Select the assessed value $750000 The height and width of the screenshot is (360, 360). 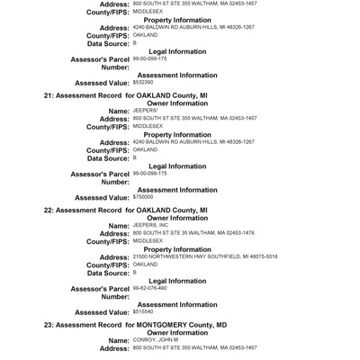point(142,195)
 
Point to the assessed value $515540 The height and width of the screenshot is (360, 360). point(142,311)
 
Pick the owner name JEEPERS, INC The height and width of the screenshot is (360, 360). point(149,224)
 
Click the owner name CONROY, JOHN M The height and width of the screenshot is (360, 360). point(152,339)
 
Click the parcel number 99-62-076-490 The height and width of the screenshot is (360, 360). point(150,288)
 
